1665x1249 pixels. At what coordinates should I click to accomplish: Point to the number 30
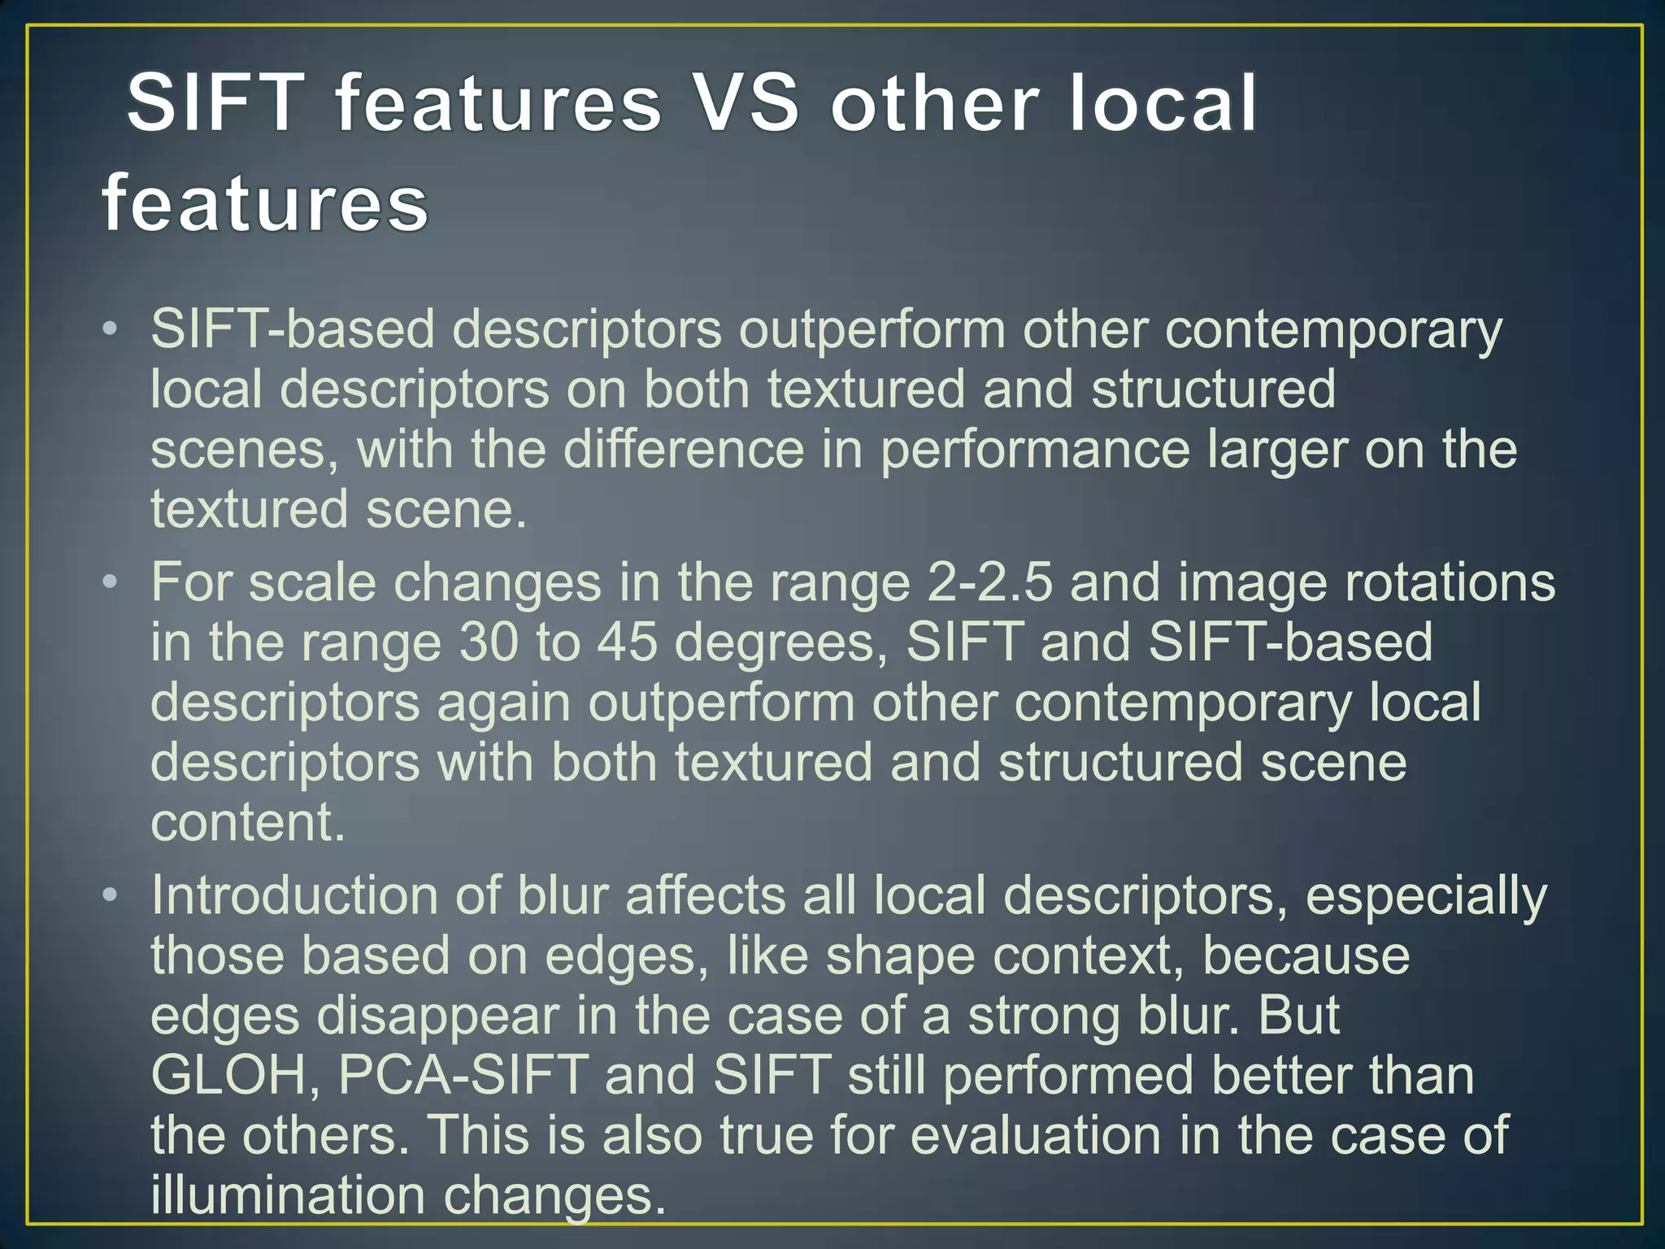pos(488,642)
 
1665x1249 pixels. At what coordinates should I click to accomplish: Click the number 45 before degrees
pos(627,642)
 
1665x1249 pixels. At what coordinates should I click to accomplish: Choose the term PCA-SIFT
pos(463,1075)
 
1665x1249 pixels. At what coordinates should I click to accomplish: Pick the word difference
pos(683,450)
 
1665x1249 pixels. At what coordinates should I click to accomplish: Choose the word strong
pos(1044,1016)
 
